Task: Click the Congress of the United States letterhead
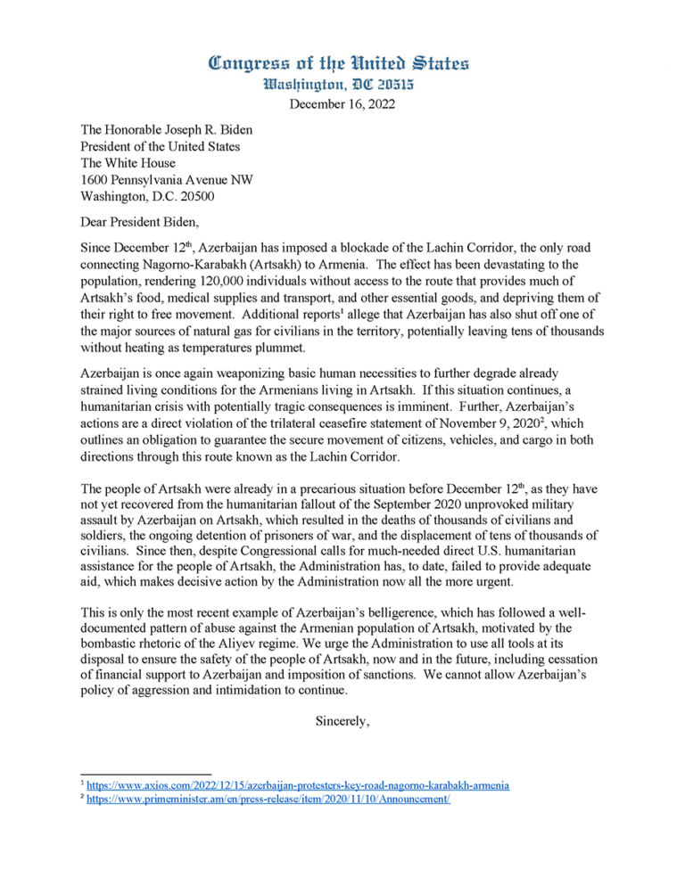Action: [x=342, y=63]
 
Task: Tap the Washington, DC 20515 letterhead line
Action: [x=342, y=88]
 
